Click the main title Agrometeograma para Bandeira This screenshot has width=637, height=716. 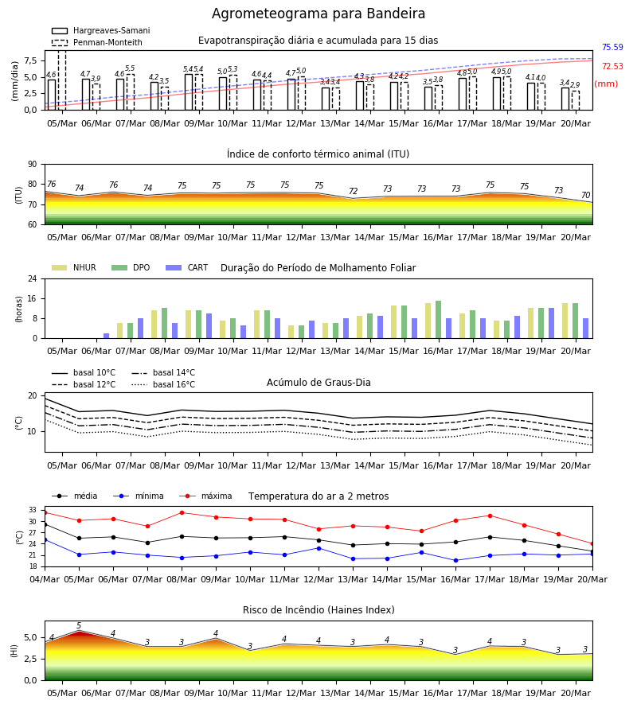click(318, 14)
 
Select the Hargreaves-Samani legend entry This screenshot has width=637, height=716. click(101, 30)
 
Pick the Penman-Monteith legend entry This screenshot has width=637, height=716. click(97, 42)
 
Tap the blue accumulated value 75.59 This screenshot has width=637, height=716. click(612, 47)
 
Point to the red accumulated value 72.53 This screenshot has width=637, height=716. click(612, 66)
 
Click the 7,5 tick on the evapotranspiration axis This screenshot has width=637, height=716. click(31, 60)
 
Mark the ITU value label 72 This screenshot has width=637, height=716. click(354, 191)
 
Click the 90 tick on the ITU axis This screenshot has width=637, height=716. click(33, 165)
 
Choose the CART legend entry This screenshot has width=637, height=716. click(186, 267)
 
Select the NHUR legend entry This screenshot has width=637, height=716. click(74, 267)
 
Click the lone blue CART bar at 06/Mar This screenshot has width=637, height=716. click(107, 336)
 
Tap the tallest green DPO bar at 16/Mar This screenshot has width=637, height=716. click(438, 320)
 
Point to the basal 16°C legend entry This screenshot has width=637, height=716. click(163, 384)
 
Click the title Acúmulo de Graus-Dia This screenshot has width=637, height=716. click(318, 382)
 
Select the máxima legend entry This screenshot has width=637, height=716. click(205, 496)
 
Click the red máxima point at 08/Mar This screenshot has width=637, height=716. click(182, 513)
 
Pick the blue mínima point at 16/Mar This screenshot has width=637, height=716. click(455, 560)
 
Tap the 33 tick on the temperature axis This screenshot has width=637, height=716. click(33, 510)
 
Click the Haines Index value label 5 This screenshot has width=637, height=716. click(79, 625)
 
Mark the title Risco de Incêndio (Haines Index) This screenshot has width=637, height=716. click(318, 609)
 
